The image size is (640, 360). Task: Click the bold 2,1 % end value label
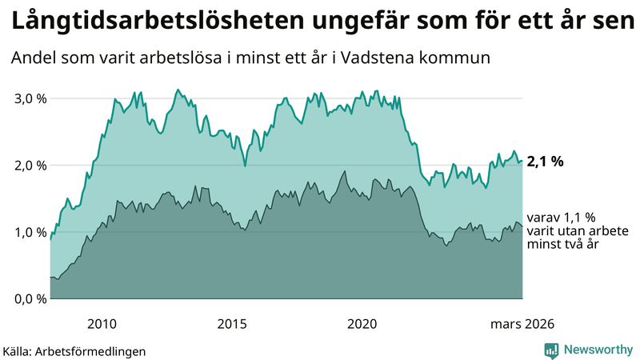tap(546, 162)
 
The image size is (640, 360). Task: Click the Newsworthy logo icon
tap(551, 350)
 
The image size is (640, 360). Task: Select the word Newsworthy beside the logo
tap(598, 350)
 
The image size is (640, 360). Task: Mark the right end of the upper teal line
tap(522, 162)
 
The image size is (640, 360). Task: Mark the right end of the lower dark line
tap(522, 226)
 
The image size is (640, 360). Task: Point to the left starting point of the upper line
tap(50, 239)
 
